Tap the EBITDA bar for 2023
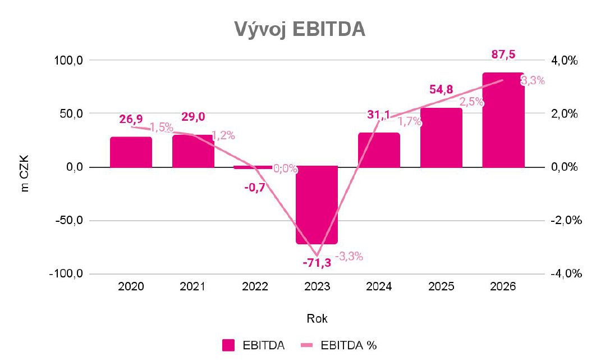(x=317, y=205)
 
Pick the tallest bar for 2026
(x=503, y=120)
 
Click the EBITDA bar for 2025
(x=441, y=138)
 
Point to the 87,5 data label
(x=503, y=54)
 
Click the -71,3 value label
(x=317, y=262)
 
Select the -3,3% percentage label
(x=349, y=257)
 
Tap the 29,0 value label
(x=192, y=117)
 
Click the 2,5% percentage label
(x=471, y=102)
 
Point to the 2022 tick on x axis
(x=255, y=286)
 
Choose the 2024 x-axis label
(x=379, y=286)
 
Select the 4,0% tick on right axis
(x=564, y=60)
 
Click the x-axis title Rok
(x=317, y=318)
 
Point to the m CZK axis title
(x=25, y=167)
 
